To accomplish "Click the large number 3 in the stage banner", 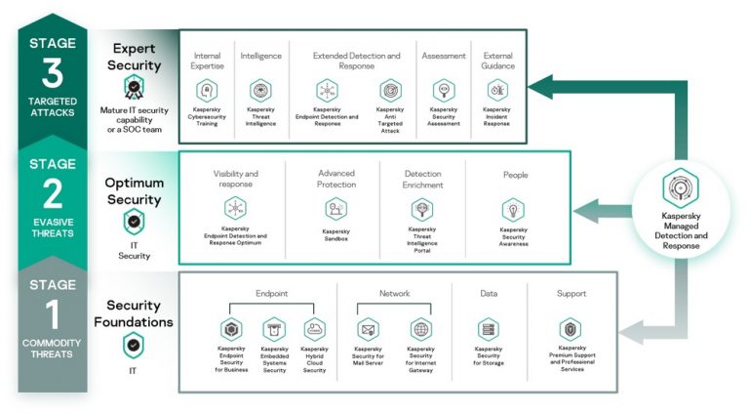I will [51, 73].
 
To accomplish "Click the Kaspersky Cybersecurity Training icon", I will [206, 90].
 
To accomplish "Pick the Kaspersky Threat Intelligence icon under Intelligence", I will [259, 90].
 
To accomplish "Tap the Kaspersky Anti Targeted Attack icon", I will [390, 90].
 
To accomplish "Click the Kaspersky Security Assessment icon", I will [443, 90].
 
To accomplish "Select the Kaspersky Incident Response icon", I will [496, 90].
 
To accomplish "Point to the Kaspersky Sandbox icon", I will [335, 208].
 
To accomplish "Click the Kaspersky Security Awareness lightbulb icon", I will [514, 209].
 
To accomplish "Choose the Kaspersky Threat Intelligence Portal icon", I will [421, 208].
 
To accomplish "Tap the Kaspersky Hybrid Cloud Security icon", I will [314, 329].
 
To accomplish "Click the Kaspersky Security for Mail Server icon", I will [368, 329].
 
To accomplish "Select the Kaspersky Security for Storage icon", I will [489, 329].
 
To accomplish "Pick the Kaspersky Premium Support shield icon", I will [571, 329].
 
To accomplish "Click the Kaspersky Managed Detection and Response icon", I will [681, 187].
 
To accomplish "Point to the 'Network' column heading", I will [394, 293].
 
